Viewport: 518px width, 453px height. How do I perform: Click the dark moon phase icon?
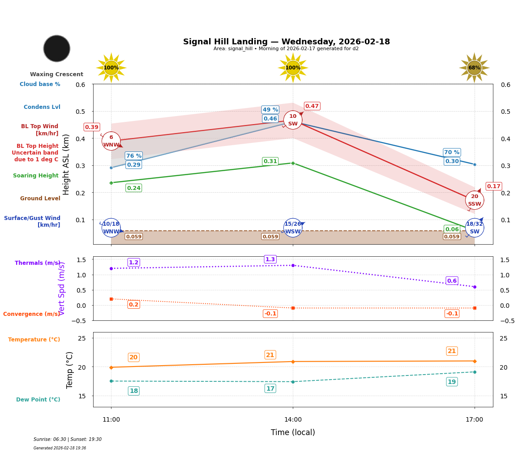coord(57,48)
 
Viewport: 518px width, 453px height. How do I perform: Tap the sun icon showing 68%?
coord(474,68)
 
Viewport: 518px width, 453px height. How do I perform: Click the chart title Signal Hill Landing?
coord(287,42)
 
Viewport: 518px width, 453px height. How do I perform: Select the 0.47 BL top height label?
coord(312,106)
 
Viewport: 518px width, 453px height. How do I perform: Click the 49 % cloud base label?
coord(270,110)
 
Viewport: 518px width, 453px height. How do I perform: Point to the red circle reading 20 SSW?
coord(474,200)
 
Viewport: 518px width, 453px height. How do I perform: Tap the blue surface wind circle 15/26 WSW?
coord(293,228)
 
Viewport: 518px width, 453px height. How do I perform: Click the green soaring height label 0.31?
coord(270,161)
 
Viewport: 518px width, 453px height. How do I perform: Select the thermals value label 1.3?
coord(270,259)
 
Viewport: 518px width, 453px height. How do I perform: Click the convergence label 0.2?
coord(133,305)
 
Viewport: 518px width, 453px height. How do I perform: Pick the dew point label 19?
coord(452,382)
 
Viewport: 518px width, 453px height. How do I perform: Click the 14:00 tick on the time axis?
coord(293,420)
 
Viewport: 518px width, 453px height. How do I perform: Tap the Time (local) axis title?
coord(293,432)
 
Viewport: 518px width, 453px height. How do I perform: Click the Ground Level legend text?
coord(40,198)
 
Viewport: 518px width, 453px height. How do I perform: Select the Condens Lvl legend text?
coord(42,107)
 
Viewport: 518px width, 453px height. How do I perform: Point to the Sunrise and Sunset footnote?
coord(68,440)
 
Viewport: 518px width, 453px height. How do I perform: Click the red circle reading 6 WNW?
coord(111,141)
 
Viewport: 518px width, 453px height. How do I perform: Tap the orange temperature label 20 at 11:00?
coord(133,357)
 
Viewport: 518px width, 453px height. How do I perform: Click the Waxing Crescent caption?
coord(56,74)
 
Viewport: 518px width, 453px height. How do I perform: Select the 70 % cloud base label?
coord(452,152)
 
